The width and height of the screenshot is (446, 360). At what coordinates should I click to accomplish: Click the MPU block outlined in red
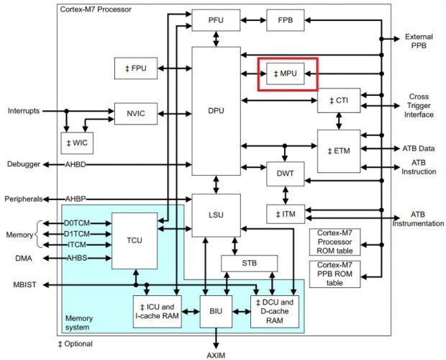point(287,73)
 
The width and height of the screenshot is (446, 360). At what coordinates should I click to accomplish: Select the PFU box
point(215,19)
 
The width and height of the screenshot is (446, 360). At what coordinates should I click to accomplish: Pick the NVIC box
point(136,113)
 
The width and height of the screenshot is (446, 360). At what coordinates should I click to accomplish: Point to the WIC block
point(78,142)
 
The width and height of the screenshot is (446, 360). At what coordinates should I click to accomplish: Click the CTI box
point(338,101)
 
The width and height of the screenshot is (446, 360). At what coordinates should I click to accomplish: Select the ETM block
point(338,150)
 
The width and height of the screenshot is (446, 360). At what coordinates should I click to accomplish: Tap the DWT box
point(286,174)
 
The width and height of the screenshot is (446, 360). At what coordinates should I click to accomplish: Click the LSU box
point(215,215)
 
